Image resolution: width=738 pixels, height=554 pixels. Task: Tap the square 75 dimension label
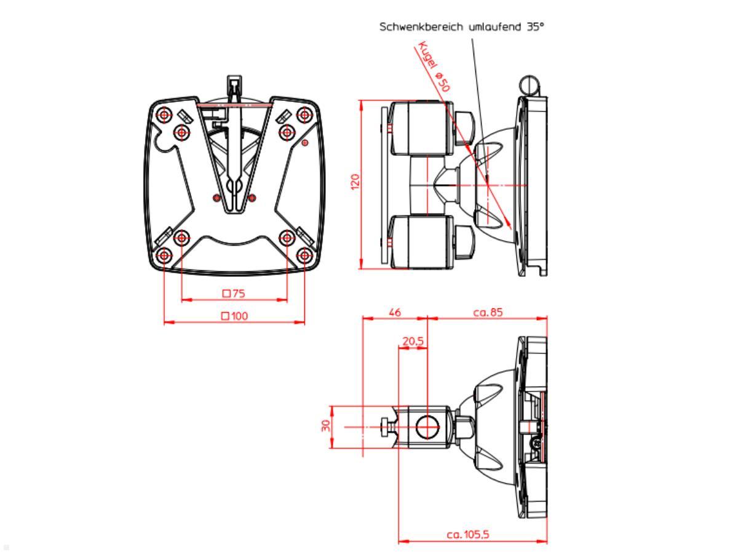click(x=234, y=294)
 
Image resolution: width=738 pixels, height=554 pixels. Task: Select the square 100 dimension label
click(x=234, y=316)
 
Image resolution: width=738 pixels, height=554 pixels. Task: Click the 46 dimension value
click(x=395, y=312)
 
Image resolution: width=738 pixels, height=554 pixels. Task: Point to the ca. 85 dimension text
click(x=488, y=312)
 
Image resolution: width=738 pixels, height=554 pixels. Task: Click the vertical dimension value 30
click(x=327, y=426)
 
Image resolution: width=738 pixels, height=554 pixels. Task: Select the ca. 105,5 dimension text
click(x=468, y=535)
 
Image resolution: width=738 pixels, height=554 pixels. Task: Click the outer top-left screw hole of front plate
click(x=164, y=115)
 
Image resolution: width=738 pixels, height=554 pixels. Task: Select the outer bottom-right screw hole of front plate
click(x=304, y=255)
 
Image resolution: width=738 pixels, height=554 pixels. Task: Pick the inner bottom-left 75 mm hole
click(x=181, y=238)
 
